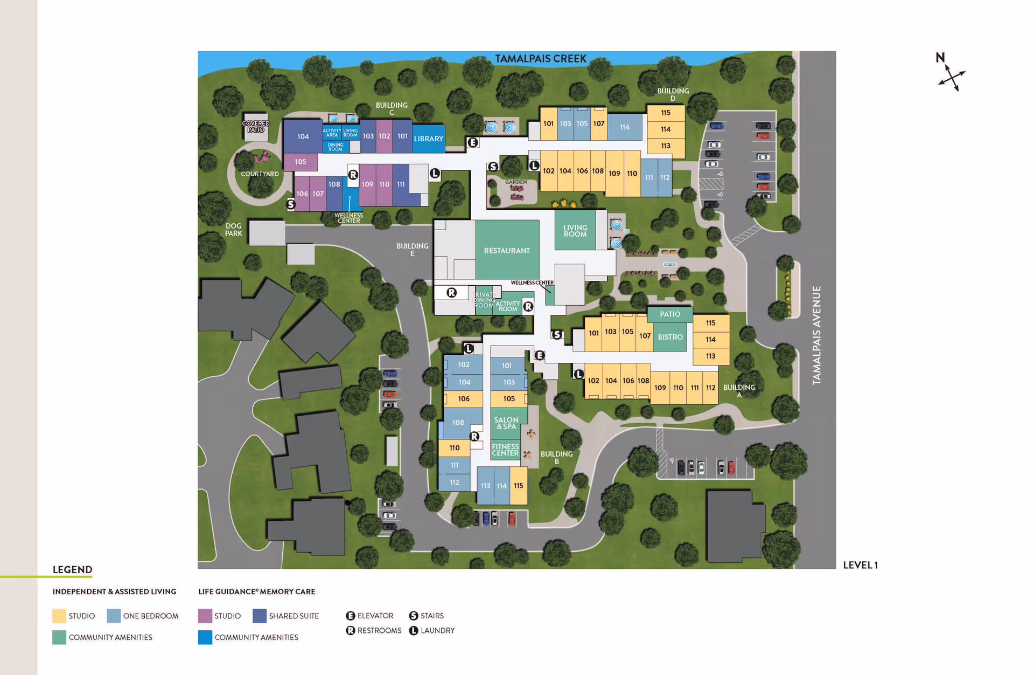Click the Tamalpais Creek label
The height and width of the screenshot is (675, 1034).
pos(540,59)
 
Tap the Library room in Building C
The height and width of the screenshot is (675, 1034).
pos(429,139)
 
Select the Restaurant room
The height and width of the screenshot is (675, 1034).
pos(507,251)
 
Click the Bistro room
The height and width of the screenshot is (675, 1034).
pos(670,337)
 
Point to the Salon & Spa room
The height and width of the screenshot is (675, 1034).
pos(506,423)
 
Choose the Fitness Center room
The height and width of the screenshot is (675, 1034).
pos(505,450)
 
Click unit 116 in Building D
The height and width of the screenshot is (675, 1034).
pos(624,127)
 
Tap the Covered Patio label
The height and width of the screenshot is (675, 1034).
pos(256,127)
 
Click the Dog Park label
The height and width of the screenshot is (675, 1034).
pos(233,230)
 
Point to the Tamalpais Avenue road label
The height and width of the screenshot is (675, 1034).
pos(816,335)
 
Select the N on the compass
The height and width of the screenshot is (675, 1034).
pos(940,58)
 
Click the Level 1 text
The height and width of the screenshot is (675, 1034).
pos(860,565)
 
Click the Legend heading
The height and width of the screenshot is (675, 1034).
pos(72,570)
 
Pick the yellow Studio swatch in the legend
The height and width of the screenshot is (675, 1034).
pos(59,616)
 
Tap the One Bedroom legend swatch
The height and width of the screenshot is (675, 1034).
pos(114,616)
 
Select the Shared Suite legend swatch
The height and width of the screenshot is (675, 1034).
pos(260,616)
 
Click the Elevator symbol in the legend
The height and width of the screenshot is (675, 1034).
pos(351,616)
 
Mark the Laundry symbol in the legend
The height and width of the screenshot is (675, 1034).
pos(414,630)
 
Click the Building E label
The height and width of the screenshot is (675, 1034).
pos(413,249)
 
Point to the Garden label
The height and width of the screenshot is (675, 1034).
pos(515,182)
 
